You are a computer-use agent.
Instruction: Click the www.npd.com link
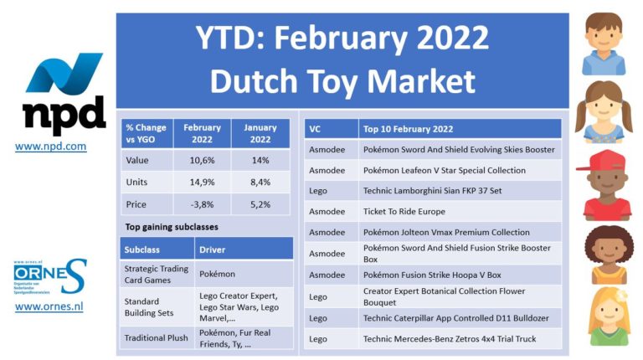click(x=50, y=147)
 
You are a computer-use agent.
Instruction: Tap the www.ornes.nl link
click(x=49, y=306)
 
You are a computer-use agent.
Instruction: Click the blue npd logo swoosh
click(x=64, y=73)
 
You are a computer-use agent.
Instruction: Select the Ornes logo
click(x=50, y=276)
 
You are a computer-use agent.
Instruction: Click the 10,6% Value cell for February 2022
click(x=202, y=160)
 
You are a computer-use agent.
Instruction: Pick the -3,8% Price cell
click(x=202, y=204)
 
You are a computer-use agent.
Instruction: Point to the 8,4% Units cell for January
click(x=260, y=182)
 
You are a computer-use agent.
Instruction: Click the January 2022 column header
click(x=260, y=133)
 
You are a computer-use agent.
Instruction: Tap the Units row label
click(x=136, y=182)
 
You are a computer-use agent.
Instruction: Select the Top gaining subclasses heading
click(x=172, y=227)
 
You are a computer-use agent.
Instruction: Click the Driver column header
click(x=212, y=249)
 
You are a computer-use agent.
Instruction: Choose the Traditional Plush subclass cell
click(x=157, y=338)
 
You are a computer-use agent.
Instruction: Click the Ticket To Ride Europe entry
click(x=404, y=212)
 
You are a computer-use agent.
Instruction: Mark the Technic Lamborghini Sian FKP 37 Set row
click(x=432, y=191)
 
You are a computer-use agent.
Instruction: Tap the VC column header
click(x=315, y=129)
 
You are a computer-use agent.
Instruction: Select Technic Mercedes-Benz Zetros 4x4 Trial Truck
click(x=450, y=339)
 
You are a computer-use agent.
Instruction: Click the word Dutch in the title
click(x=254, y=80)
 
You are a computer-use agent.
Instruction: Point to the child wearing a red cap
click(x=603, y=185)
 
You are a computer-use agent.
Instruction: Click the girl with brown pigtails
click(x=604, y=112)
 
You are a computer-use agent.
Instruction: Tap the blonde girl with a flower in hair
click(x=609, y=316)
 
